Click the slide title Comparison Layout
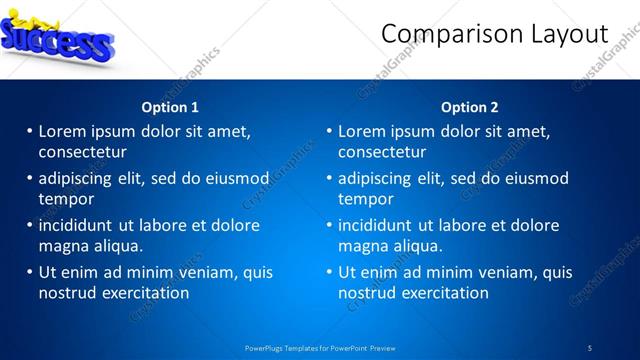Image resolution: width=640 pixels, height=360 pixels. coord(494,34)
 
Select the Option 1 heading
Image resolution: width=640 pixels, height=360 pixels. coord(170,107)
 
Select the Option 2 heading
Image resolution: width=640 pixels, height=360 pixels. coord(469,107)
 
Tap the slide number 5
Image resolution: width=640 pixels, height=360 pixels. coord(590,348)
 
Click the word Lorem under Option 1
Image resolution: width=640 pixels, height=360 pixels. coord(62,131)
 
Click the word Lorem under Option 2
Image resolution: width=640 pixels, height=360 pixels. coord(362,131)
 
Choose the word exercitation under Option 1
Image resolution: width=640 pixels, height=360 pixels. coord(141,293)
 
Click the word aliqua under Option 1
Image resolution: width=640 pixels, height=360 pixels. coord(119,246)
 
